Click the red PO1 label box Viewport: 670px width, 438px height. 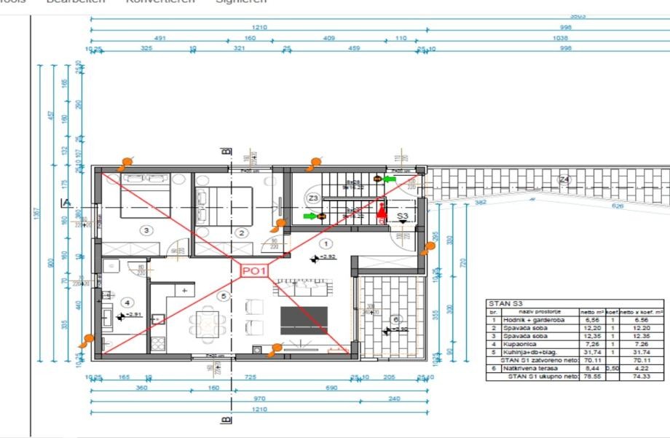tap(256, 271)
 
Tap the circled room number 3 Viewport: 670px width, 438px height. tap(147, 231)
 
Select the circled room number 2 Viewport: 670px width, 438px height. tap(241, 233)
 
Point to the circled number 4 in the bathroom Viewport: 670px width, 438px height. tap(128, 302)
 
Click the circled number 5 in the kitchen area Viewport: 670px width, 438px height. tap(223, 295)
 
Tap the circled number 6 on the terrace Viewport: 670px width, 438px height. tap(395, 319)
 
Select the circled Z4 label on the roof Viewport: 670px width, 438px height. tap(564, 179)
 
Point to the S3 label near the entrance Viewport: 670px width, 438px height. tap(403, 216)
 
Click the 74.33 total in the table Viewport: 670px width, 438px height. tap(641, 376)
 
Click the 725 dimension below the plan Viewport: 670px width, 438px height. tap(251, 378)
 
